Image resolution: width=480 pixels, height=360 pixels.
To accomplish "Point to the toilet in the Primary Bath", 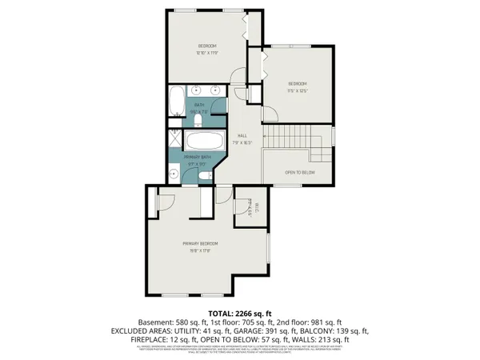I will pyautogui.click(x=206, y=176).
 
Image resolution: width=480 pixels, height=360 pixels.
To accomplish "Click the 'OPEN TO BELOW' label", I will pyautogui.click(x=299, y=172).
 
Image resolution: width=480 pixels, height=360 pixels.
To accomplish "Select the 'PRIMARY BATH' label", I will pyautogui.click(x=197, y=157).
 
